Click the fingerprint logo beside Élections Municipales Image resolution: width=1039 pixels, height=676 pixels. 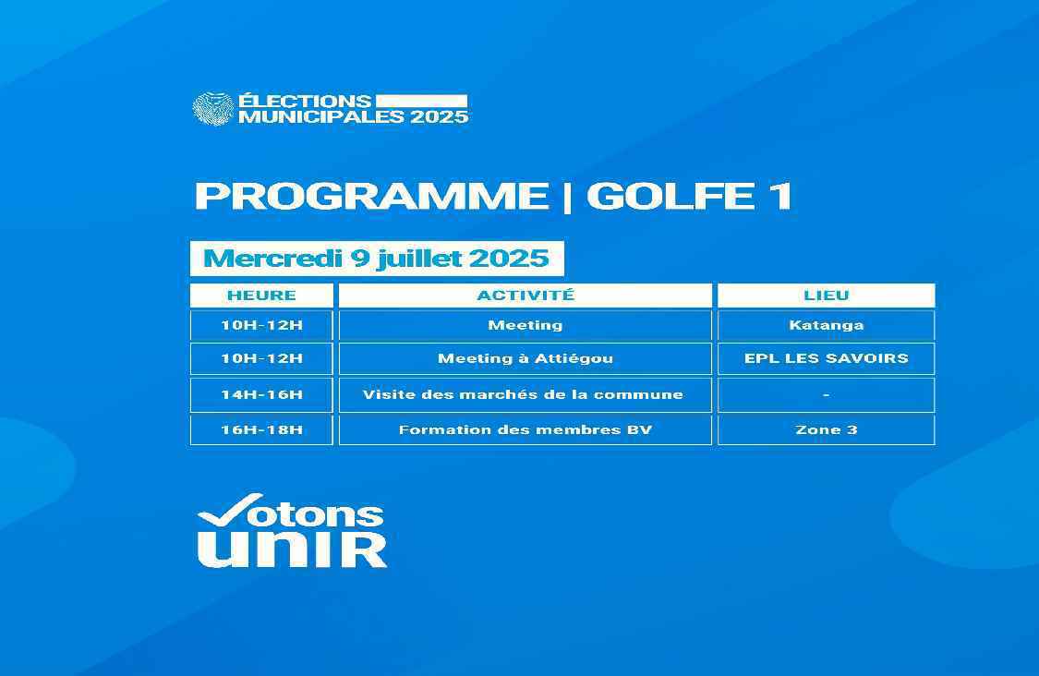click(x=212, y=109)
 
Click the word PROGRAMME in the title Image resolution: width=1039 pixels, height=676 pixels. click(x=372, y=196)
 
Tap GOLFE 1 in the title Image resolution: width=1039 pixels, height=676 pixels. click(x=690, y=196)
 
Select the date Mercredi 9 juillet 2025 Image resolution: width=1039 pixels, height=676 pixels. click(x=377, y=258)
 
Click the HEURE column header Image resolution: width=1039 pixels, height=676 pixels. click(x=261, y=296)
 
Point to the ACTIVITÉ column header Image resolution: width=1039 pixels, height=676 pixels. click(x=526, y=296)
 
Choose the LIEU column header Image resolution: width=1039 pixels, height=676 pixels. click(x=827, y=296)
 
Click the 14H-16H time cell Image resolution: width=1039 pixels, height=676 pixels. click(x=261, y=395)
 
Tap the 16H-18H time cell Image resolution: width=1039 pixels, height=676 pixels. click(x=261, y=430)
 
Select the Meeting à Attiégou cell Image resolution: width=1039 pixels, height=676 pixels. click(x=526, y=358)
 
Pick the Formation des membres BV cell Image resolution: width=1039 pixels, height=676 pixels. click(x=526, y=430)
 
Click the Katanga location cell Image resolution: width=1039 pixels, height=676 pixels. click(x=827, y=325)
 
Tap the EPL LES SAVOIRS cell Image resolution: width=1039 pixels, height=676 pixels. click(x=827, y=358)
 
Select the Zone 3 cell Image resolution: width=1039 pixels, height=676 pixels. click(x=827, y=430)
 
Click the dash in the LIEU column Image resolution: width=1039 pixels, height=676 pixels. click(x=827, y=395)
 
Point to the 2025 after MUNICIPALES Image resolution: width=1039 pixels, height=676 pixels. click(x=440, y=117)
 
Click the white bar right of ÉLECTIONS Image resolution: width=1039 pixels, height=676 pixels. click(x=421, y=101)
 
